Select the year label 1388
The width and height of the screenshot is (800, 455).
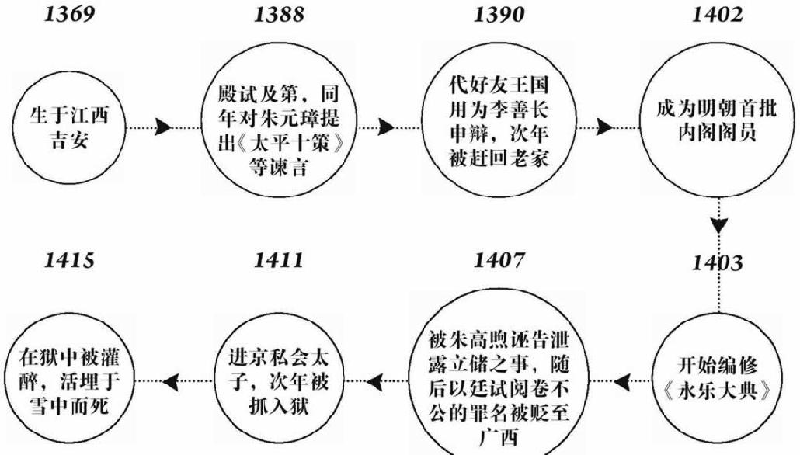279,15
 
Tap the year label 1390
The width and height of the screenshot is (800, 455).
498,15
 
